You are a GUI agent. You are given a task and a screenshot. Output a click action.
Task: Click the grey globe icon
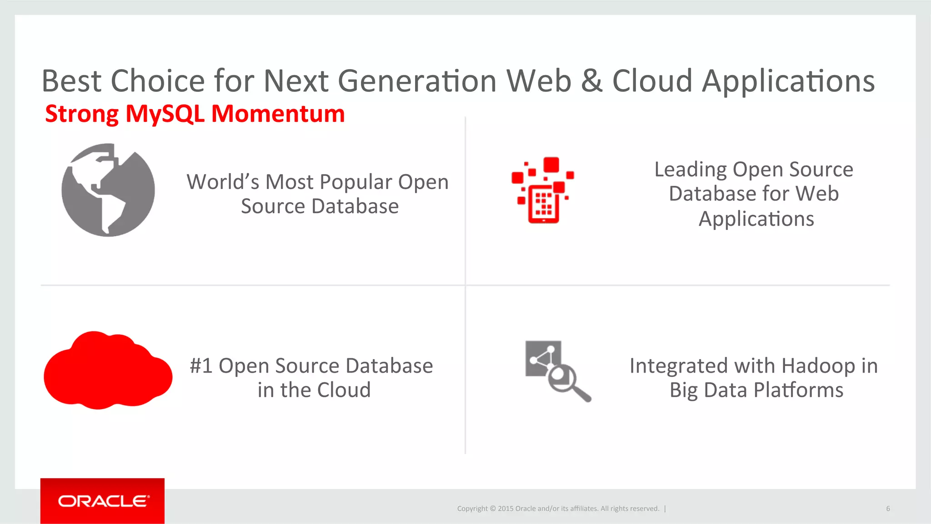point(108,190)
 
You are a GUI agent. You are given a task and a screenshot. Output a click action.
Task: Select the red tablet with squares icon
point(543,191)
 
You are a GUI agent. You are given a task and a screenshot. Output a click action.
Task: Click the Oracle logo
point(102,501)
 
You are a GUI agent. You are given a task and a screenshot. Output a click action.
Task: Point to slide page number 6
point(888,509)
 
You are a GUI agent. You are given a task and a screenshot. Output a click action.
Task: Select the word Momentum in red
point(278,114)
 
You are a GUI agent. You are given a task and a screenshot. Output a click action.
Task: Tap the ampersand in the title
point(591,81)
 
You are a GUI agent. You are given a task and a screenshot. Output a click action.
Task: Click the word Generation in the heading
point(417,81)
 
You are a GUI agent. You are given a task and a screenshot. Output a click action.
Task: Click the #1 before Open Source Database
point(201,366)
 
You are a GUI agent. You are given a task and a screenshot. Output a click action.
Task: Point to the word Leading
point(691,170)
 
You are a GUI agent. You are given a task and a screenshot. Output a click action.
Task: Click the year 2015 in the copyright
point(505,509)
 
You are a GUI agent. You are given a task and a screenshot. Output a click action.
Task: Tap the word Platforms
point(798,390)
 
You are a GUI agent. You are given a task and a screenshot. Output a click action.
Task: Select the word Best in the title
point(71,81)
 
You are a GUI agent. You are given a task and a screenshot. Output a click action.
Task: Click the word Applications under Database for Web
point(756,219)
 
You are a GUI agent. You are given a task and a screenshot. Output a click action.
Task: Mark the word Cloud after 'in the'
point(344,390)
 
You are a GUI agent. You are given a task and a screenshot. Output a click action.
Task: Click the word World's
point(223,182)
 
